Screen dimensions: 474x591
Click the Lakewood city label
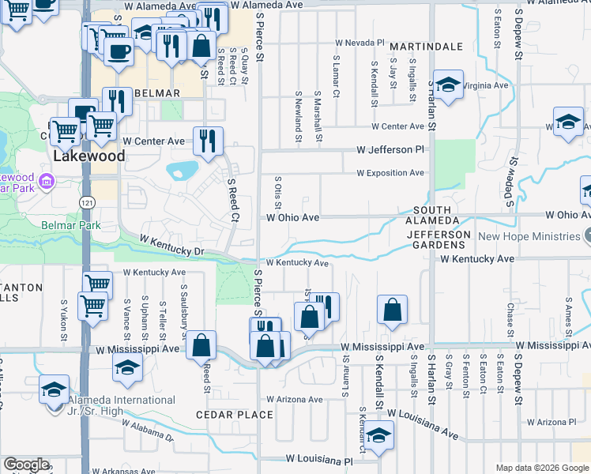[89, 156]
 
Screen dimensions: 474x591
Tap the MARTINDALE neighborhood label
[426, 47]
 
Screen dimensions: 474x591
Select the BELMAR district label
[158, 93]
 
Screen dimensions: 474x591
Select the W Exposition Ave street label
[390, 172]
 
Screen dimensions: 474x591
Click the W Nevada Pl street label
[359, 42]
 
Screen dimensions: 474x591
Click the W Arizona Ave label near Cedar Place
[295, 400]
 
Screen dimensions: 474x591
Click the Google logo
[26, 465]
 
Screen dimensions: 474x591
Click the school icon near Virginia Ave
[447, 86]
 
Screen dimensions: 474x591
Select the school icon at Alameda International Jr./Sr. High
[54, 389]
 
